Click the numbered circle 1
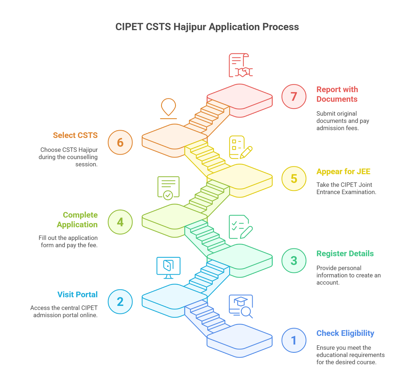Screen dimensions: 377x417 [294, 340]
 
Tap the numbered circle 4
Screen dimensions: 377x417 [120, 222]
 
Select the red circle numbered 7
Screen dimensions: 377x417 [294, 96]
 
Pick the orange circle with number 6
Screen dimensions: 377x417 [120, 142]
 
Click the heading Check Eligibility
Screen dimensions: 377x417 [345, 333]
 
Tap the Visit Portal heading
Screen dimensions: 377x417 [77, 295]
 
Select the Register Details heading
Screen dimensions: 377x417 [345, 254]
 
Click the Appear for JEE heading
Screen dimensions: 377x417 [343, 172]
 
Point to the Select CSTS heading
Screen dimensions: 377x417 [75, 135]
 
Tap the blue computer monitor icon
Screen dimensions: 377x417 [168, 267]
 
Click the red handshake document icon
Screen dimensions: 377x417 [241, 65]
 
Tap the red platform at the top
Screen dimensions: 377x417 [240, 96]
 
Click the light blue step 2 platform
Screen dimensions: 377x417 [175, 297]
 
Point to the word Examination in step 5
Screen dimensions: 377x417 [360, 192]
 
